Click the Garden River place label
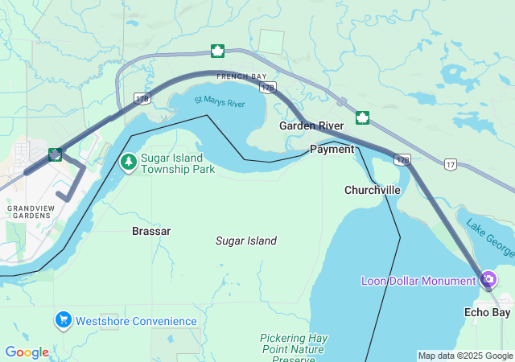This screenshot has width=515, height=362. tap(311, 125)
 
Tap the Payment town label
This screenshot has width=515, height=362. tap(332, 149)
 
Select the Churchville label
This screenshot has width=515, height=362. tap(372, 190)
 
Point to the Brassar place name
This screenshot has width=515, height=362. tap(151, 231)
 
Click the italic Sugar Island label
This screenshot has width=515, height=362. tap(246, 241)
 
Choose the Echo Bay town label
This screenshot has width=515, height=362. tap(488, 312)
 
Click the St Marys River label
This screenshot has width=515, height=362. tap(219, 103)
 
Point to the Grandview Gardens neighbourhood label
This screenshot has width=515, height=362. tap(29, 212)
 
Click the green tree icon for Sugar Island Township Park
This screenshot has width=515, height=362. tap(128, 162)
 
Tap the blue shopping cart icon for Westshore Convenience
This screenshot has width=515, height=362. tap(63, 320)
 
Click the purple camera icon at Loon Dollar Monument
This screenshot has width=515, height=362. tap(488, 280)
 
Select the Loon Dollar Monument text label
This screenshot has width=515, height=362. tap(418, 281)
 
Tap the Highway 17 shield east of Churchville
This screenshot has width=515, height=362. tap(450, 164)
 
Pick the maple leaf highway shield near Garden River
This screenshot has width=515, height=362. tap(362, 117)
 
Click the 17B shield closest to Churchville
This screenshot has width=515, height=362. tap(403, 159)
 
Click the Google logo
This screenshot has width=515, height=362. tap(27, 352)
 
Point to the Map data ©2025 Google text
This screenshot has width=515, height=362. tap(465, 356)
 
